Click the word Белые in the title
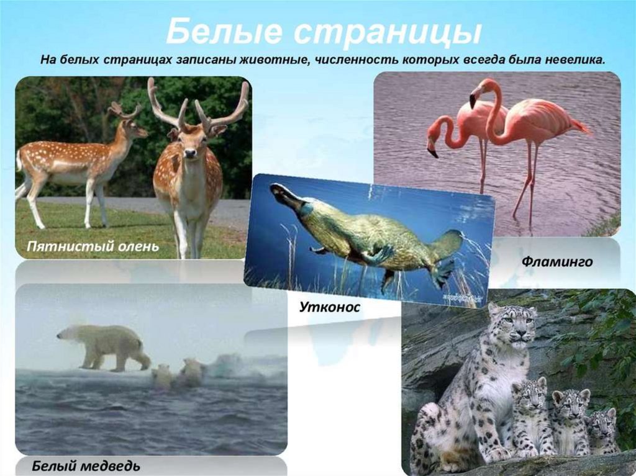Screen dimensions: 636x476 tap(224, 32)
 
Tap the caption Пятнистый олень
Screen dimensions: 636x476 tap(93, 246)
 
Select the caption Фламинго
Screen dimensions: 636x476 tap(557, 262)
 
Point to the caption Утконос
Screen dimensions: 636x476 tap(330, 307)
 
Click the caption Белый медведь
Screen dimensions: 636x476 tap(86, 466)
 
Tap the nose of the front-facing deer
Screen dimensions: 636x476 tap(189, 153)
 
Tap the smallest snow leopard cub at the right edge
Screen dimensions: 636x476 tap(602, 431)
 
